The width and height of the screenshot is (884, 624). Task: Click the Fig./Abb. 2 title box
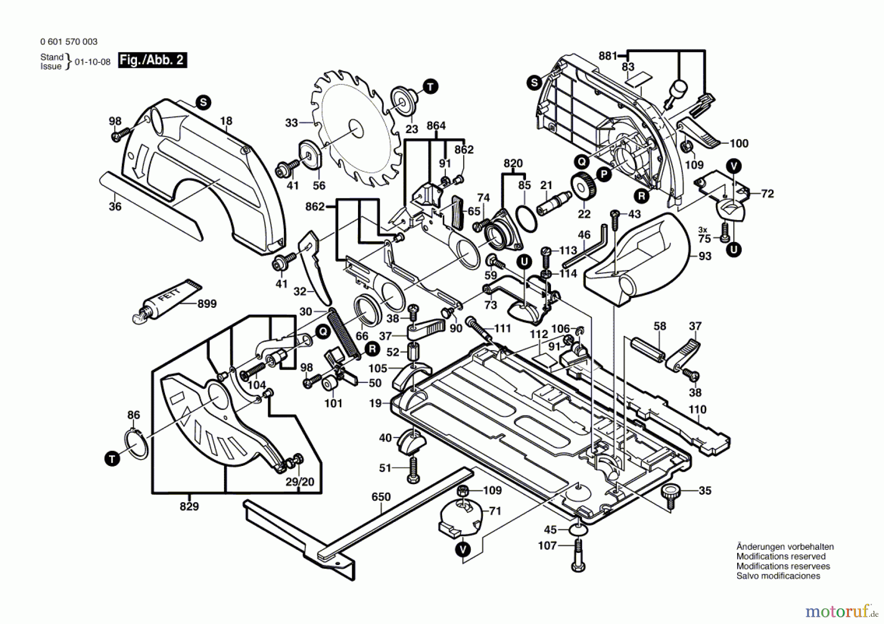[x=152, y=60]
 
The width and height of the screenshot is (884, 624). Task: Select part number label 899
[x=207, y=304]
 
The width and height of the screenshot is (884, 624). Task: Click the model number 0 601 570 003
[x=69, y=42]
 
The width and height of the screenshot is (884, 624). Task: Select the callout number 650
[x=381, y=497]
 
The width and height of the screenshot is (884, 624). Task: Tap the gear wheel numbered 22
[x=584, y=187]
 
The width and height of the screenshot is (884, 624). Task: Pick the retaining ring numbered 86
[x=138, y=444]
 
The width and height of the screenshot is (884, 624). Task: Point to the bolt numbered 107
[x=578, y=555]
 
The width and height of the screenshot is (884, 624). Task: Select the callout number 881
[x=607, y=56]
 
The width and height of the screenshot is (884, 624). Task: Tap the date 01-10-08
[x=93, y=62]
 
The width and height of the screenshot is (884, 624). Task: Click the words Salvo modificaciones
[x=778, y=576]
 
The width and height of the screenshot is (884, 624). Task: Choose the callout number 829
[x=189, y=506]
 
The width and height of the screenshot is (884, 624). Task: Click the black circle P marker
[x=604, y=174]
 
